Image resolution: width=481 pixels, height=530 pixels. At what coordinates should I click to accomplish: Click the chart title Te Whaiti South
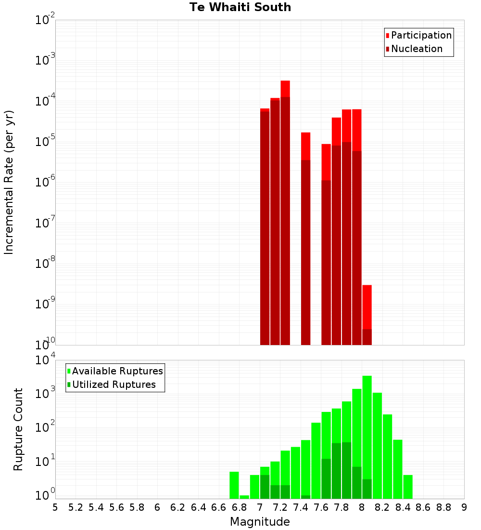240,7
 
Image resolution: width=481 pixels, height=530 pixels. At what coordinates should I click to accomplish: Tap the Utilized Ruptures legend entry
114,384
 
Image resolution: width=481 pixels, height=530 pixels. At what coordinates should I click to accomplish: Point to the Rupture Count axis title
18,429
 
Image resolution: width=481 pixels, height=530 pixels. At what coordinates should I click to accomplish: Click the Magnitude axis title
260,522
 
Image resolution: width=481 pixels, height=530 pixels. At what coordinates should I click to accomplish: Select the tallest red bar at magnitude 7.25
285,212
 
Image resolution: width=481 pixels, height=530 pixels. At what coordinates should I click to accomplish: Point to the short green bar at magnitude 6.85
244,497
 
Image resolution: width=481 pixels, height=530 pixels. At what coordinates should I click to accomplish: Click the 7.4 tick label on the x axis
301,507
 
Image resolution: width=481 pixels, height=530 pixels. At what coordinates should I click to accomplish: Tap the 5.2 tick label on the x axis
76,507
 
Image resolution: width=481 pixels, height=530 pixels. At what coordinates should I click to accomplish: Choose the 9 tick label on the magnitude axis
464,507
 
